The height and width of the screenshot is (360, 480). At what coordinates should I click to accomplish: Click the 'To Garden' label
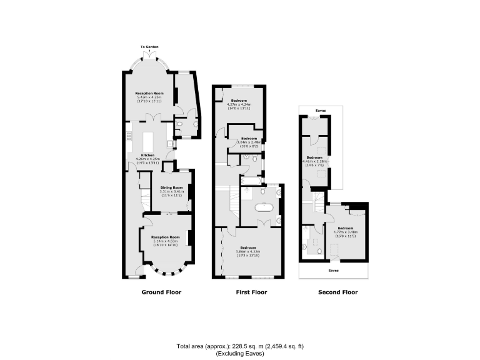coord(148,47)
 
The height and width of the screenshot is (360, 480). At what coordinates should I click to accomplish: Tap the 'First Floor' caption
coord(251,292)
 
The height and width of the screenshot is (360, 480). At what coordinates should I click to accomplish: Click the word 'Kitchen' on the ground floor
coord(147,155)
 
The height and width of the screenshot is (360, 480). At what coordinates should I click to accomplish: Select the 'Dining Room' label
coord(171,187)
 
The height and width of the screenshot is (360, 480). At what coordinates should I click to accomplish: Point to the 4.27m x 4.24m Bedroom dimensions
coord(239,106)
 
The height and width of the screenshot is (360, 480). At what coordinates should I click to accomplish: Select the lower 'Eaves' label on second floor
coord(334,271)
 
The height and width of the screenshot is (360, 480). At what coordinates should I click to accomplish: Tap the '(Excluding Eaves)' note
coord(241,354)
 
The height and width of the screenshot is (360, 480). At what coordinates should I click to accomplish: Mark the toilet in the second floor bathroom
coord(319,251)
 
